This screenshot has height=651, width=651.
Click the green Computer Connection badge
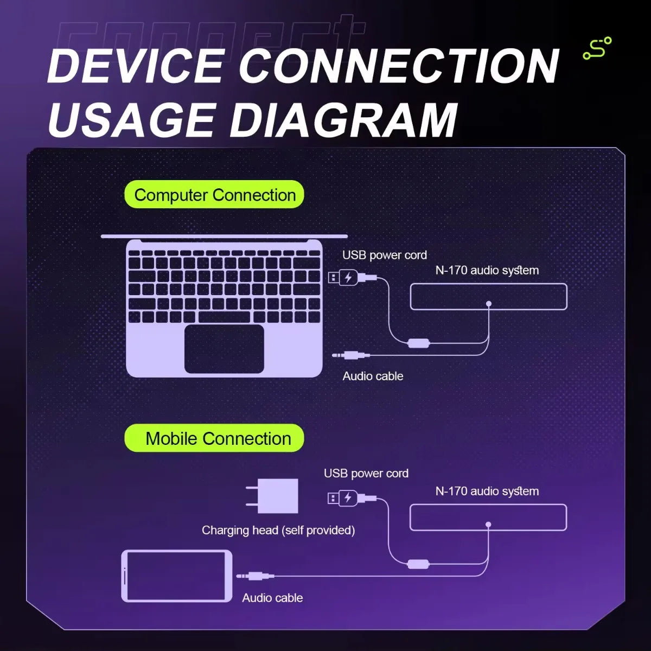click(214, 194)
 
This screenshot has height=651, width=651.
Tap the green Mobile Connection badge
click(214, 438)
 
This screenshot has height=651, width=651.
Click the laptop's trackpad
click(224, 349)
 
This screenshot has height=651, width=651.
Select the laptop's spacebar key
click(224, 317)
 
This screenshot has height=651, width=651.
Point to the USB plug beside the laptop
click(353, 278)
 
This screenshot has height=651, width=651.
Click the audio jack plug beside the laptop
click(350, 355)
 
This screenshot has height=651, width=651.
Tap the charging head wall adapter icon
click(272, 496)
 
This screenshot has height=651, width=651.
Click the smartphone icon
click(177, 576)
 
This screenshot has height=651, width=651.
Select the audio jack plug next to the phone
click(255, 576)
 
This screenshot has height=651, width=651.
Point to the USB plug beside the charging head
click(352, 498)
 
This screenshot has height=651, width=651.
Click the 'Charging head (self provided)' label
click(278, 531)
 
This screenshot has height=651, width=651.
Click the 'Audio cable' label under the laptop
click(373, 376)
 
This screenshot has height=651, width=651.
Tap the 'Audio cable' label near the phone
click(272, 598)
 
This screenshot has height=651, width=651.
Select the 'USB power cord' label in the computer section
click(385, 256)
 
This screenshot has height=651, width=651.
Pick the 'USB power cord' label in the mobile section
click(366, 474)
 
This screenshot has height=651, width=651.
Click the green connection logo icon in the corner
click(597, 48)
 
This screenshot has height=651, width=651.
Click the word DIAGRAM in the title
click(344, 120)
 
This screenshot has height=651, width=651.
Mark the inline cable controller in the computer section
click(419, 343)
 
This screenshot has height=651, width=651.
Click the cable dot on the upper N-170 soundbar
click(488, 304)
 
